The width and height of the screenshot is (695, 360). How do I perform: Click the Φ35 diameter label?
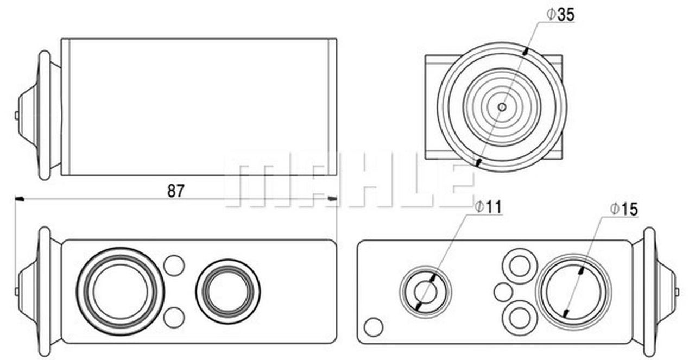click(560, 15)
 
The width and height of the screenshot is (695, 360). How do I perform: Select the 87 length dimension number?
click(176, 191)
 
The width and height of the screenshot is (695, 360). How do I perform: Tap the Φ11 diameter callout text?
click(488, 207)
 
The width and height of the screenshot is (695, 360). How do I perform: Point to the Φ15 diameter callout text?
click(624, 209)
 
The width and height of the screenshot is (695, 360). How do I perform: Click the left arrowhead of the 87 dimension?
click(20, 199)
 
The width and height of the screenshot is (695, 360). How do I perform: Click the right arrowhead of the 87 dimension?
click(332, 198)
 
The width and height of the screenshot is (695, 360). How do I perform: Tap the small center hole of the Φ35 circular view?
click(502, 107)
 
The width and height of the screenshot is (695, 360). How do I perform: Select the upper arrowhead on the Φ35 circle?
click(525, 51)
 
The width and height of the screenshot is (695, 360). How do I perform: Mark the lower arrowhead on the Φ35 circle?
click(479, 162)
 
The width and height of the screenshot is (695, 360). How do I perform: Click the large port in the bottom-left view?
click(121, 292)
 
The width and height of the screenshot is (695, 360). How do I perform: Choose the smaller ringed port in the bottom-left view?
click(228, 292)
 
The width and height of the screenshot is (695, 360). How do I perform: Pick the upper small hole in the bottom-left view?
click(174, 266)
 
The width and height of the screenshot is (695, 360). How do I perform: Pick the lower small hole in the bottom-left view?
click(174, 318)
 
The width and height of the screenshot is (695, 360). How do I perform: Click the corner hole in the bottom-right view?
click(374, 327)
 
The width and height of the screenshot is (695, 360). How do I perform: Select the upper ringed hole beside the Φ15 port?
click(520, 266)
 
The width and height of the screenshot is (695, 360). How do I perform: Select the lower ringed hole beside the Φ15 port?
click(520, 318)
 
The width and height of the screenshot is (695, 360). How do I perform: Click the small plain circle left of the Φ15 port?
click(503, 292)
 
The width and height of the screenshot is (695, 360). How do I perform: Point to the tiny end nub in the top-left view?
click(16, 116)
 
